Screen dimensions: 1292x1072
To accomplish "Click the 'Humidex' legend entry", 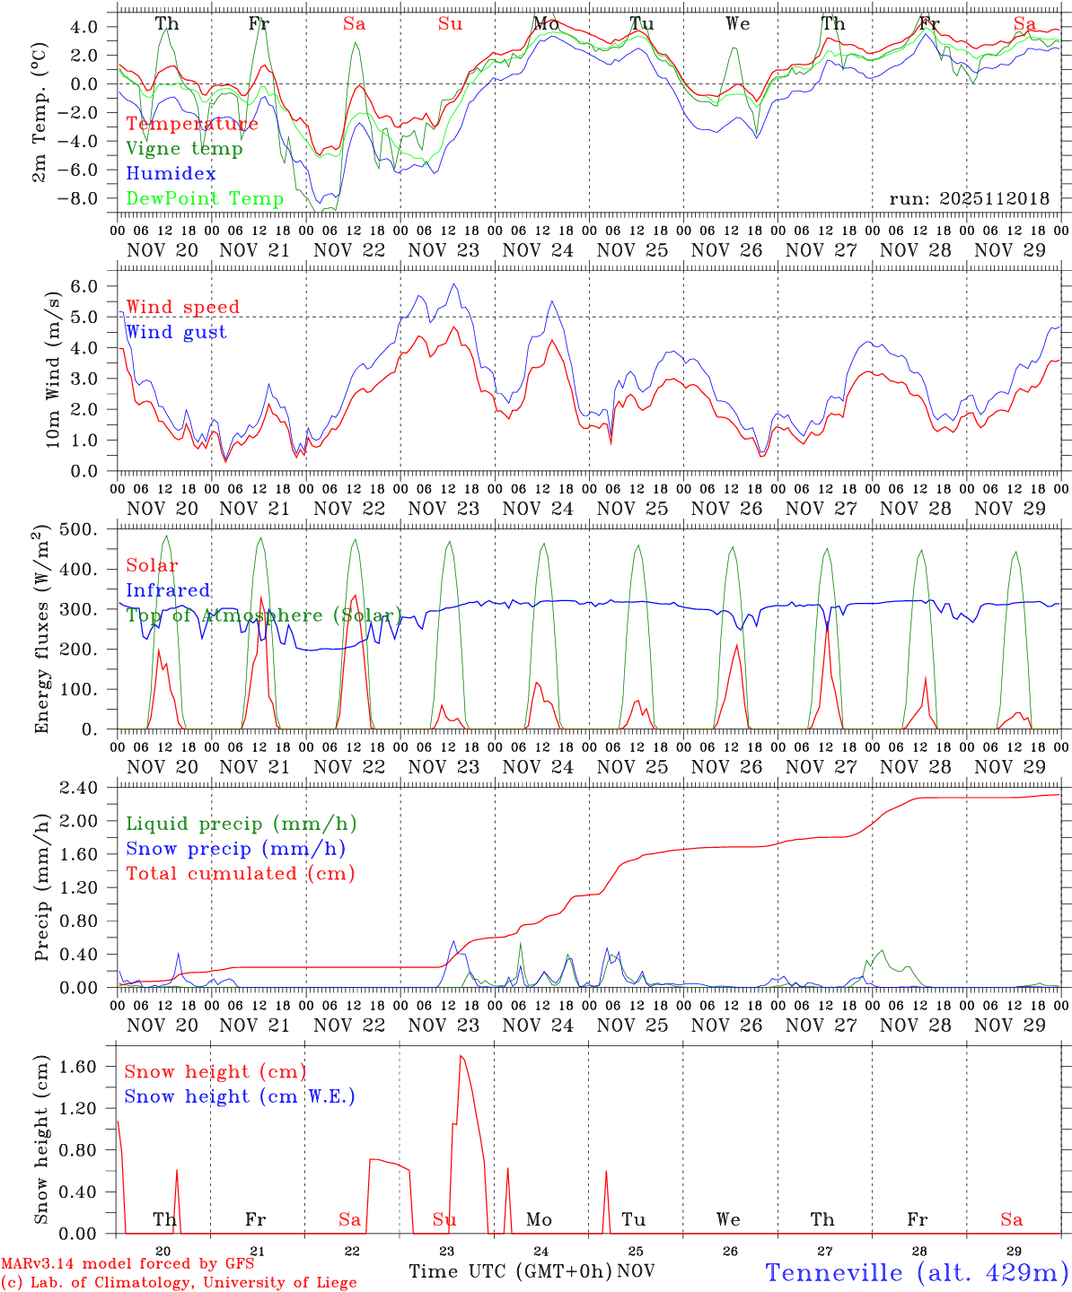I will (x=171, y=174).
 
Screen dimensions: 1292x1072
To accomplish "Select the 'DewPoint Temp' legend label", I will (x=205, y=198).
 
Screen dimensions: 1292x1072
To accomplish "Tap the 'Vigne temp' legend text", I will (x=184, y=149).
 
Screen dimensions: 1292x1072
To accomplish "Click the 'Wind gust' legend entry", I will (x=176, y=332).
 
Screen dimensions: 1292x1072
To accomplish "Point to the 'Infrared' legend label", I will (x=168, y=590).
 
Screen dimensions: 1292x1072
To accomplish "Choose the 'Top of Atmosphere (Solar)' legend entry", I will (x=263, y=615).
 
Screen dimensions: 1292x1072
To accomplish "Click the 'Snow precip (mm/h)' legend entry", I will (x=235, y=849).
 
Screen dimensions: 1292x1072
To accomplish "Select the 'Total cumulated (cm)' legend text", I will (x=240, y=873).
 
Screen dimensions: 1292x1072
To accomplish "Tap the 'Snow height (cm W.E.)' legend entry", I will (x=240, y=1096).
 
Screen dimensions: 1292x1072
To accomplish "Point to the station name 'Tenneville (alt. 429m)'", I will (x=917, y=1272).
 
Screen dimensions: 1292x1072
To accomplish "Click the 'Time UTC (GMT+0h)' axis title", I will (x=511, y=1271).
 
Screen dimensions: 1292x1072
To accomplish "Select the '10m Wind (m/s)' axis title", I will (x=53, y=370).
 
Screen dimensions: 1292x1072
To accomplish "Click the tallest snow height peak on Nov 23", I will (x=461, y=1056).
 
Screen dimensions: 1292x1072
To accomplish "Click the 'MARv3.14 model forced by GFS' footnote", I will (x=127, y=1264).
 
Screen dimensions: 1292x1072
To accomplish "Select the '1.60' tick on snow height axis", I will (x=78, y=1067).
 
